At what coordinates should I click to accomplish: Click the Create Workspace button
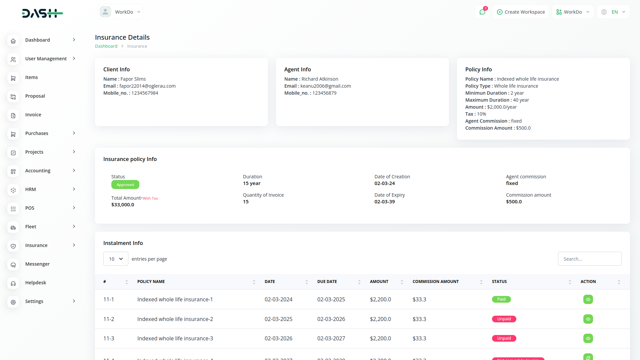pyautogui.click(x=521, y=12)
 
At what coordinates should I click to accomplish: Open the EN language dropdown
pyautogui.click(x=613, y=12)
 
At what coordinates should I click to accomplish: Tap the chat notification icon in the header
pyautogui.click(x=482, y=12)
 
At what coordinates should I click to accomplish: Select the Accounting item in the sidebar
pyautogui.click(x=38, y=171)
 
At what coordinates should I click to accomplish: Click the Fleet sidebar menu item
pyautogui.click(x=31, y=227)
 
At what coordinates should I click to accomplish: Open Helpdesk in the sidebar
pyautogui.click(x=36, y=283)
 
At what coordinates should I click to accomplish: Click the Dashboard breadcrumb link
pyautogui.click(x=106, y=46)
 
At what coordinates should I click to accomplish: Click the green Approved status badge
pyautogui.click(x=125, y=185)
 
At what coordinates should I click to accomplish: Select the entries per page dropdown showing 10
pyautogui.click(x=116, y=259)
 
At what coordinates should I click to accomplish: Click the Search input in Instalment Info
pyautogui.click(x=589, y=259)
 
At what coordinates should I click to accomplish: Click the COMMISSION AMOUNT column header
pyautogui.click(x=435, y=282)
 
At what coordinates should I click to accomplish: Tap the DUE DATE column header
pyautogui.click(x=327, y=282)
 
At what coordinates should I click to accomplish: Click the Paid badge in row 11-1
pyautogui.click(x=501, y=299)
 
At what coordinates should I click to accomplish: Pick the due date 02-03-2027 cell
pyautogui.click(x=331, y=338)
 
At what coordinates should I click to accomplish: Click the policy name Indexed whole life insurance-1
pyautogui.click(x=175, y=299)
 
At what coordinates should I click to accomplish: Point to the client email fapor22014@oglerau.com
pyautogui.click(x=147, y=86)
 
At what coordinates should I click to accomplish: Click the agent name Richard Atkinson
pyautogui.click(x=320, y=79)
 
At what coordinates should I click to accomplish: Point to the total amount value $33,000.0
pyautogui.click(x=123, y=205)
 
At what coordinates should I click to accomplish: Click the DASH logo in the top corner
pyautogui.click(x=42, y=13)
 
